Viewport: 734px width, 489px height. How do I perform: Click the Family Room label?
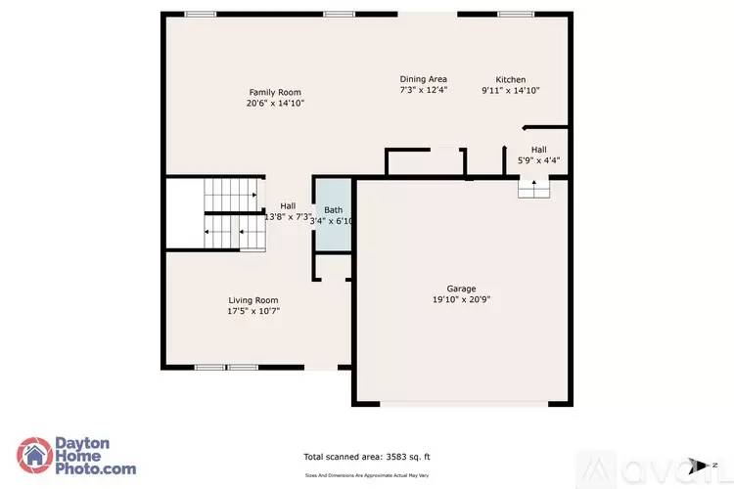(275, 92)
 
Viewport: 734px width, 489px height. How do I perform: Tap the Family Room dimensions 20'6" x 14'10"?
(275, 103)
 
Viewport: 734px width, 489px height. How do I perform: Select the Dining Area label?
(423, 79)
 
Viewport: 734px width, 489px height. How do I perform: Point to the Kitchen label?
(510, 79)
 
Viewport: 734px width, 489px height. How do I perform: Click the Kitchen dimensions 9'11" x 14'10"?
(510, 90)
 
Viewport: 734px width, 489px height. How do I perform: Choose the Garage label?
(461, 289)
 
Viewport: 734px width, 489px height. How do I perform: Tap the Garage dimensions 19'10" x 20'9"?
(461, 300)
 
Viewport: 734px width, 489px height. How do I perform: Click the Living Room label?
(253, 300)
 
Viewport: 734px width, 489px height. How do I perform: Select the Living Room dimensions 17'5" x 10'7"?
(253, 311)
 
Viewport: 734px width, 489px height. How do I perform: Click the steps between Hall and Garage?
(533, 189)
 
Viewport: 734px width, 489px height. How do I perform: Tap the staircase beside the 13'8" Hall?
(233, 215)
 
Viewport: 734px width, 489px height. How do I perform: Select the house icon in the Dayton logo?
(37, 455)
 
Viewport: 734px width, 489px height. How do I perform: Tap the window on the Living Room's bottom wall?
(225, 368)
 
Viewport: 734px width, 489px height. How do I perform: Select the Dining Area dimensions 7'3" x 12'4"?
(423, 90)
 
